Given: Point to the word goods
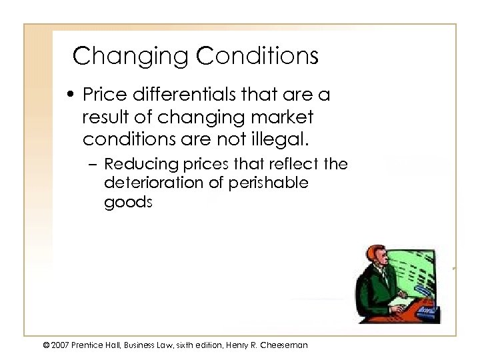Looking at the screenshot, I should click(128, 203).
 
